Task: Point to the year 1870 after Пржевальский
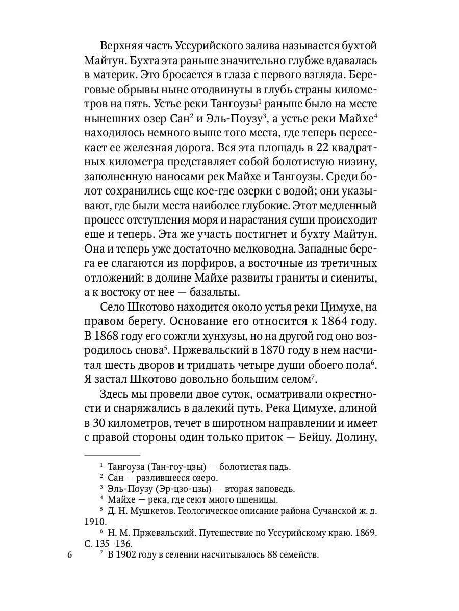(276, 351)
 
